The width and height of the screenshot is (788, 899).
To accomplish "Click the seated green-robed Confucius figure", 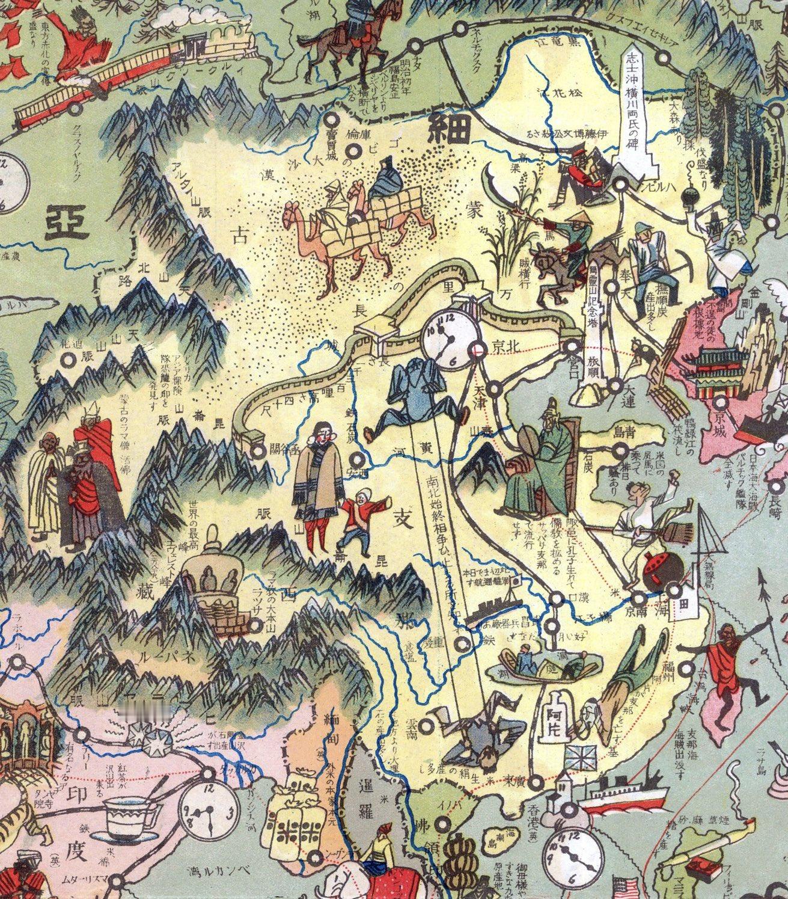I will (538, 457).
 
